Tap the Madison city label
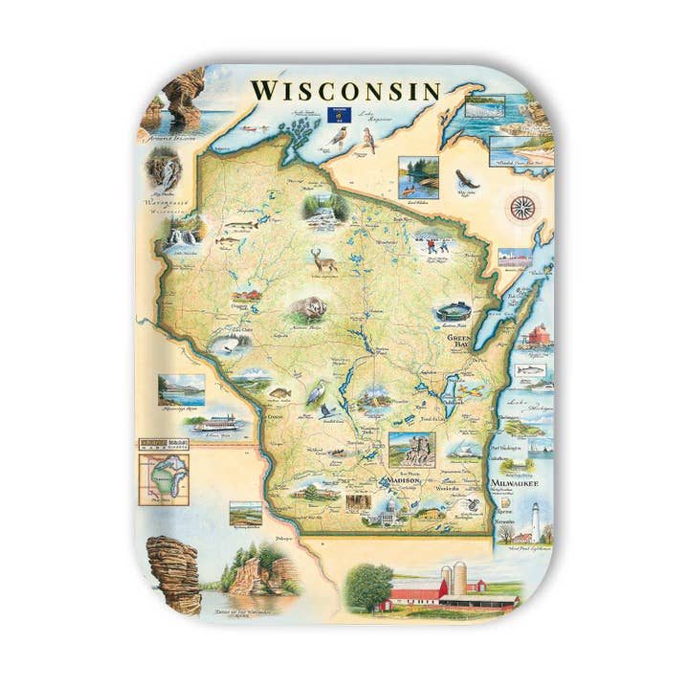pyautogui.click(x=401, y=480)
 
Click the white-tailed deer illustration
pyautogui.click(x=324, y=258)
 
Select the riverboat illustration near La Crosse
pyautogui.click(x=219, y=422)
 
